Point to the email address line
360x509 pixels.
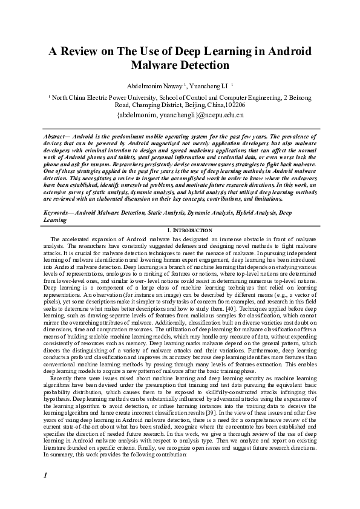click(180, 113)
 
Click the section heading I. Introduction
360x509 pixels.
click(180, 230)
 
